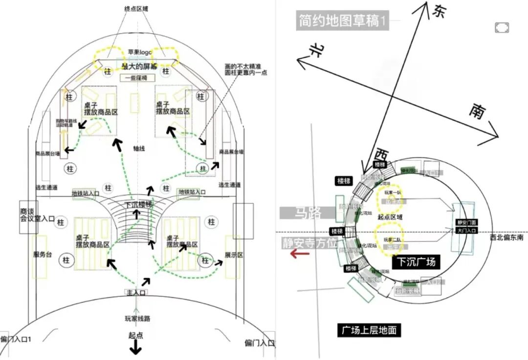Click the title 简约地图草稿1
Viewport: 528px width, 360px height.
point(342,21)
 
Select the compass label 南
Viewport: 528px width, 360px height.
point(477,111)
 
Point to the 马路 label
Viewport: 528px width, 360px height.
point(308,212)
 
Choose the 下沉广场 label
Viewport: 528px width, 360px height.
point(416,261)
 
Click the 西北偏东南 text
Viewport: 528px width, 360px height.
point(507,237)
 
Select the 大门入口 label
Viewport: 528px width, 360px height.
point(466,230)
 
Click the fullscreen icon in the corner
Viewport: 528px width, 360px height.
point(502,27)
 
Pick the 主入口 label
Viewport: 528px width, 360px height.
point(135,292)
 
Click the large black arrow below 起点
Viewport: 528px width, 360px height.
point(135,348)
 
